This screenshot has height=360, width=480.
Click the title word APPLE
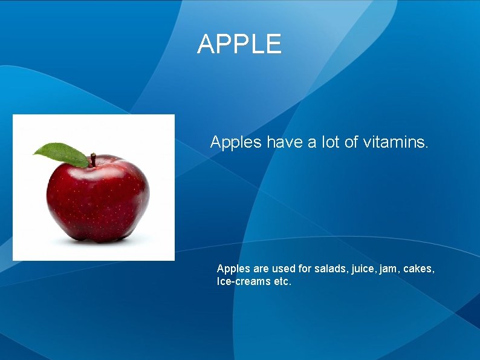[x=239, y=44]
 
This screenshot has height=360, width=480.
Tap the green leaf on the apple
[x=62, y=154]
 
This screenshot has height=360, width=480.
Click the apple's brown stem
[x=93, y=160]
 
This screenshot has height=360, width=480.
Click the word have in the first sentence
[x=285, y=143]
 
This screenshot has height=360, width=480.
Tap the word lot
[x=332, y=143]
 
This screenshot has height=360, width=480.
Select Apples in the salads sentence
[x=233, y=269]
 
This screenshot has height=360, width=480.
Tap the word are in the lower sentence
[x=260, y=269]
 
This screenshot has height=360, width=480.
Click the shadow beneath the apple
[x=97, y=240]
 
